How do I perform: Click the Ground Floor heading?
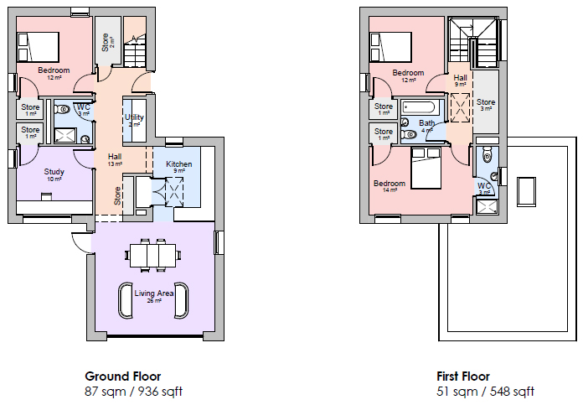pos(122,376)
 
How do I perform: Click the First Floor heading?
pos(462,376)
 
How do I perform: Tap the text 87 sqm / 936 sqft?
pos(133,391)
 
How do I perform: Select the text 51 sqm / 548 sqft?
pos(485,391)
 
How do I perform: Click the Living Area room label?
pos(154,293)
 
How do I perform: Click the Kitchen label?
pos(179,164)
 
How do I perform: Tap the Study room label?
pos(55,173)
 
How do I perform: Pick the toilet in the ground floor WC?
pos(64,110)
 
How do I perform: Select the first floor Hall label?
pos(461,78)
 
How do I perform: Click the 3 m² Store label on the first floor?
pos(486,103)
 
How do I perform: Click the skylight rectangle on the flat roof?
pos(527,190)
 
